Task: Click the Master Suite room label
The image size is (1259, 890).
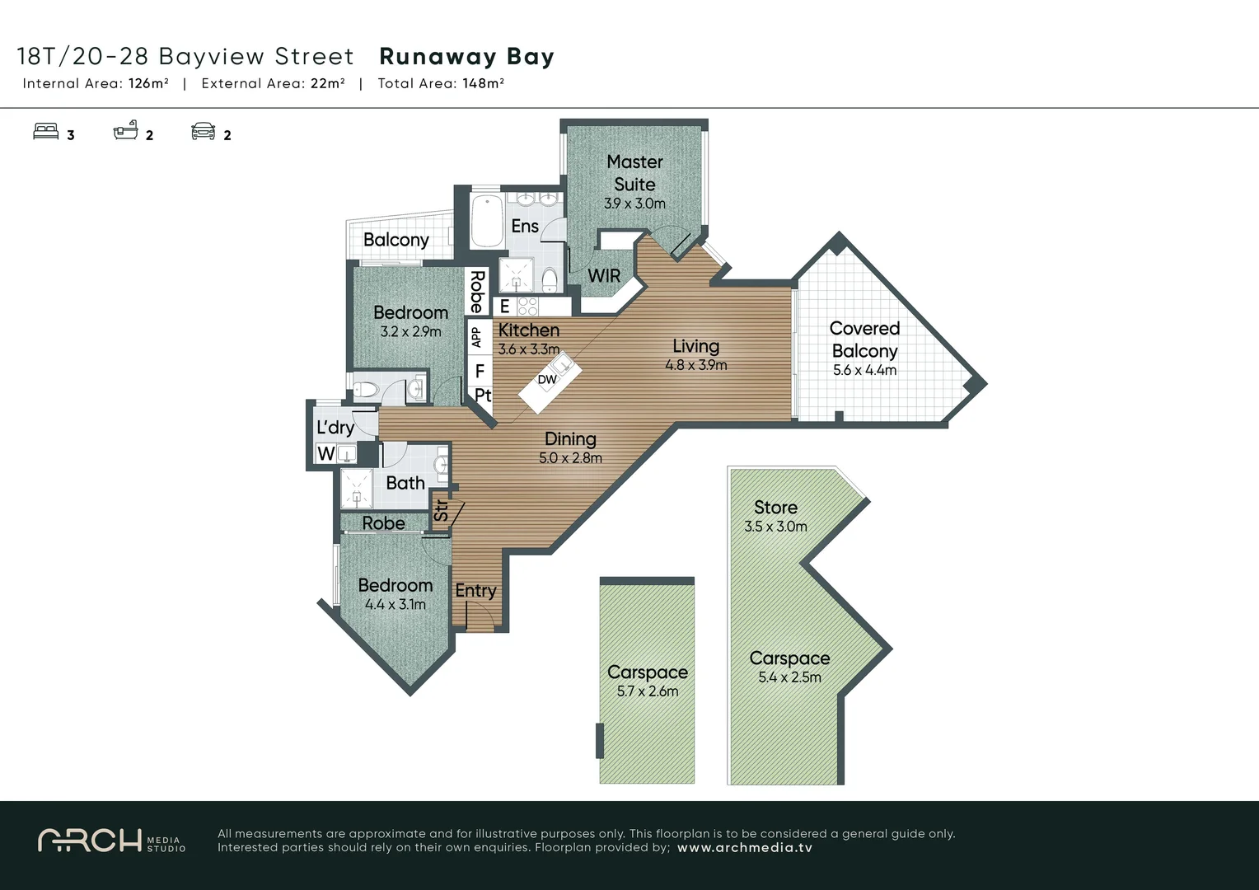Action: [x=634, y=173]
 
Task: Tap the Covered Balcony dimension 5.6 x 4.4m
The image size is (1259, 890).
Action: [x=864, y=370]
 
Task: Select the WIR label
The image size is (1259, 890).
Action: [x=604, y=275]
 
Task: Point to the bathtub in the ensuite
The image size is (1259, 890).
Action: [x=487, y=220]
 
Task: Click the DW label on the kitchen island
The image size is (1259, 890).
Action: [x=547, y=380]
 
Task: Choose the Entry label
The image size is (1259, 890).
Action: [x=475, y=590]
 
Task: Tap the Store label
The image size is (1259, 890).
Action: [x=775, y=508]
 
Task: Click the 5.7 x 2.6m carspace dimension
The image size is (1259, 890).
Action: [x=648, y=691]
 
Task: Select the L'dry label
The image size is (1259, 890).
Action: [x=335, y=427]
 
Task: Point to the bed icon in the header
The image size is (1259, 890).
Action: [x=46, y=132]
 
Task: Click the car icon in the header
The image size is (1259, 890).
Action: [x=204, y=132]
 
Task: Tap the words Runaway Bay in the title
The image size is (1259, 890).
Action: [x=466, y=57]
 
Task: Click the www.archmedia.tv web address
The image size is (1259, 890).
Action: [x=744, y=848]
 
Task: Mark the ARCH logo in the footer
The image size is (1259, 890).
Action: [x=91, y=841]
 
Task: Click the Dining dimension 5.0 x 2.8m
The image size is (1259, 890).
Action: [x=570, y=458]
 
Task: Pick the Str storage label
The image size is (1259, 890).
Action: [x=441, y=511]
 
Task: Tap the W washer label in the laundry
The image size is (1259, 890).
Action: [x=325, y=453]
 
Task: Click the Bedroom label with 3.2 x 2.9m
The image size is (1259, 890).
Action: [x=410, y=313]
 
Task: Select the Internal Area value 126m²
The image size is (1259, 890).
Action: [x=148, y=83]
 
